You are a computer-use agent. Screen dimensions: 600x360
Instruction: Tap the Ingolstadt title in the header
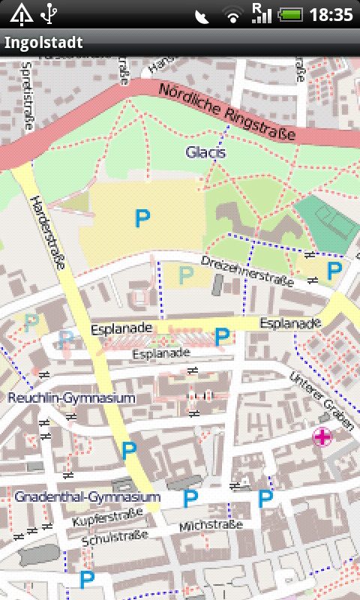(x=43, y=43)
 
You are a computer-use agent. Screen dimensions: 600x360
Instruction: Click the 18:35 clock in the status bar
(x=331, y=14)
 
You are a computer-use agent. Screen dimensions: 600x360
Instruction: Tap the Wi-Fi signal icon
(x=234, y=15)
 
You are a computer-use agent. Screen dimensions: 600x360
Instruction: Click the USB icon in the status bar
(x=49, y=13)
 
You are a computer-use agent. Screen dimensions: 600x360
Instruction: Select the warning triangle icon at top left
(x=20, y=13)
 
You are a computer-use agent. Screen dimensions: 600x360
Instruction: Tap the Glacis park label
(x=206, y=152)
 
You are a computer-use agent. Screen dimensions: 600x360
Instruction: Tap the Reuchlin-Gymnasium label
(x=71, y=398)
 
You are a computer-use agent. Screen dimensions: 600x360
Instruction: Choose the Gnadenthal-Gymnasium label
(x=87, y=497)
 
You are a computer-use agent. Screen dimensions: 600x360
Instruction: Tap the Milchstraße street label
(x=211, y=526)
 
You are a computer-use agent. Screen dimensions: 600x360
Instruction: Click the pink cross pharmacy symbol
(x=322, y=437)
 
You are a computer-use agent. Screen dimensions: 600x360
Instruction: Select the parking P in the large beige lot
(x=142, y=219)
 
